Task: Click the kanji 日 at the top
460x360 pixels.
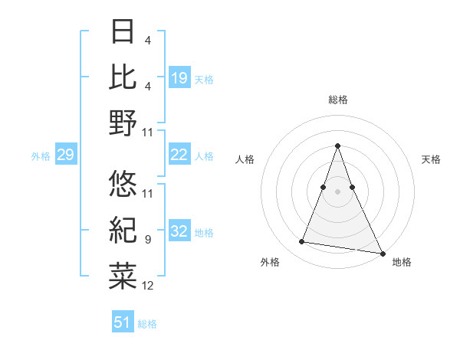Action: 123,31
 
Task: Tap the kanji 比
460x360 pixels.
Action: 123,77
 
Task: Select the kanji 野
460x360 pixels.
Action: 123,123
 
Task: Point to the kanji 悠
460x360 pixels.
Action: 123,182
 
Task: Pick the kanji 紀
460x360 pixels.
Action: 123,227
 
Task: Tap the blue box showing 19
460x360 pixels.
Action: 179,77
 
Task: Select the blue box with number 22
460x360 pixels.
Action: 179,155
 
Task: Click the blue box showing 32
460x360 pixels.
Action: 179,232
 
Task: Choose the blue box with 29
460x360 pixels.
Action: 65,155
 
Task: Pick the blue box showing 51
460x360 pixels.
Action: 123,322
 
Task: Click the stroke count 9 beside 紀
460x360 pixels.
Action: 147,240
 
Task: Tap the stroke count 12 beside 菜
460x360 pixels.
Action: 147,286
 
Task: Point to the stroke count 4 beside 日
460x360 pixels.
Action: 147,40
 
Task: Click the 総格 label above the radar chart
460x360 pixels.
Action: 337,100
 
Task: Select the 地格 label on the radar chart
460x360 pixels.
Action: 402,263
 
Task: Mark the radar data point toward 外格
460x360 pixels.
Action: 302,242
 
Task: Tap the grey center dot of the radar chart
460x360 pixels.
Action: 337,191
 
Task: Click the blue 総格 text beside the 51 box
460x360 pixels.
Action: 147,324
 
